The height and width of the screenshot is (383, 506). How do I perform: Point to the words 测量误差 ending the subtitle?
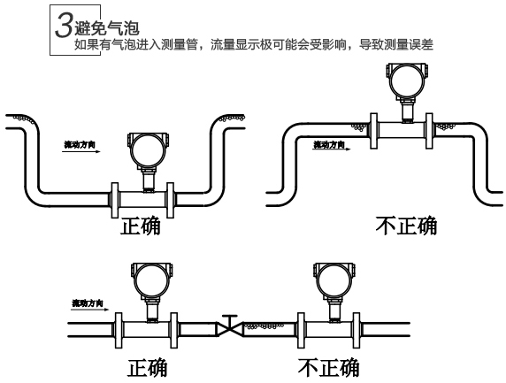(x=410, y=45)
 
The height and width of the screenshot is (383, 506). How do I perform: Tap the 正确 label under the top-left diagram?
(x=146, y=225)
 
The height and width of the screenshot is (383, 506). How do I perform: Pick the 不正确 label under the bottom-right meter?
(x=327, y=365)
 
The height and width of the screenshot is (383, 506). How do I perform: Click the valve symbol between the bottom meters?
(x=230, y=327)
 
